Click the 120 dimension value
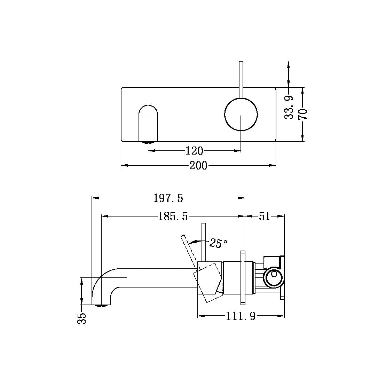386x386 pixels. (x=194, y=151)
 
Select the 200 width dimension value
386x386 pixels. (x=198, y=166)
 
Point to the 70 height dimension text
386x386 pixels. (x=302, y=114)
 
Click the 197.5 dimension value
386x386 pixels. (x=168, y=198)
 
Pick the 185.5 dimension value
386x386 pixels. (x=173, y=216)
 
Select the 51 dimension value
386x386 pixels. (x=265, y=216)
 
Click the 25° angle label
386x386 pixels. (x=218, y=243)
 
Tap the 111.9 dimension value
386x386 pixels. (x=241, y=316)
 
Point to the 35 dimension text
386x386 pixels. (x=82, y=318)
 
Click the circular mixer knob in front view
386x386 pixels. (x=241, y=115)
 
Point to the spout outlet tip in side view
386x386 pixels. (x=102, y=305)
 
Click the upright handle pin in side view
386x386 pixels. (x=204, y=242)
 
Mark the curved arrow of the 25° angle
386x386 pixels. (x=198, y=241)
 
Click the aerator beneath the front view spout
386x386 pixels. (x=149, y=142)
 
